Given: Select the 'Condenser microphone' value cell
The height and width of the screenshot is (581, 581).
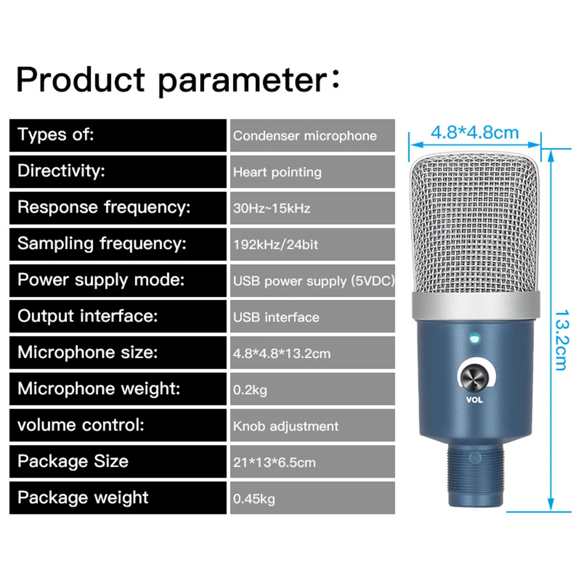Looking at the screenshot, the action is click(x=313, y=135).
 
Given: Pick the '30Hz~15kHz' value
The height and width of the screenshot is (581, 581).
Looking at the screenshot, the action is click(x=271, y=208).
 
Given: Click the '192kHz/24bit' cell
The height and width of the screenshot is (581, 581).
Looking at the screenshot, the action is click(x=313, y=244).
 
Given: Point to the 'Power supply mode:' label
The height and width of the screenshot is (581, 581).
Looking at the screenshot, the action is click(x=101, y=280).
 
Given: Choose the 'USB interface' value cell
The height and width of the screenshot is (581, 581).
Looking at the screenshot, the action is click(x=313, y=317).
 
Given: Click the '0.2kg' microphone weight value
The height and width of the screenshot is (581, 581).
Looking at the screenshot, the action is click(x=250, y=390).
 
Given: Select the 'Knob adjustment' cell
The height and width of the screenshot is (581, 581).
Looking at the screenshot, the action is click(x=313, y=426).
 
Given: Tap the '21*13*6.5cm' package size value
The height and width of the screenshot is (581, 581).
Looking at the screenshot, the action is click(x=274, y=462).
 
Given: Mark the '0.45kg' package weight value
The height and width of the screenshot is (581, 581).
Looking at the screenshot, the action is click(x=254, y=498).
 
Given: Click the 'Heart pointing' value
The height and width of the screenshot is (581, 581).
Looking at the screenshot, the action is click(x=277, y=173).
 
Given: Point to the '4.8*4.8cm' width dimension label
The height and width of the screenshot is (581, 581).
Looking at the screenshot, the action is click(x=475, y=132).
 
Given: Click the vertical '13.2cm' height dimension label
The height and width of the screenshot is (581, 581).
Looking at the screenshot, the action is click(x=561, y=340).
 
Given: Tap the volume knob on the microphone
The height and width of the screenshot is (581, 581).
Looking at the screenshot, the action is click(x=475, y=377).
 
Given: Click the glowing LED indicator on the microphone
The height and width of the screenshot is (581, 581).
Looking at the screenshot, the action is click(x=475, y=338).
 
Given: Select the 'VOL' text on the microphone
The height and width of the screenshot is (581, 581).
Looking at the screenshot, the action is click(x=474, y=400).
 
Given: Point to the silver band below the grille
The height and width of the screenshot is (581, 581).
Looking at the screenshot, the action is click(x=476, y=306).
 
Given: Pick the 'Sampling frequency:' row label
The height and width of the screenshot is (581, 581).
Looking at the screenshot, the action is click(x=102, y=244).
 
